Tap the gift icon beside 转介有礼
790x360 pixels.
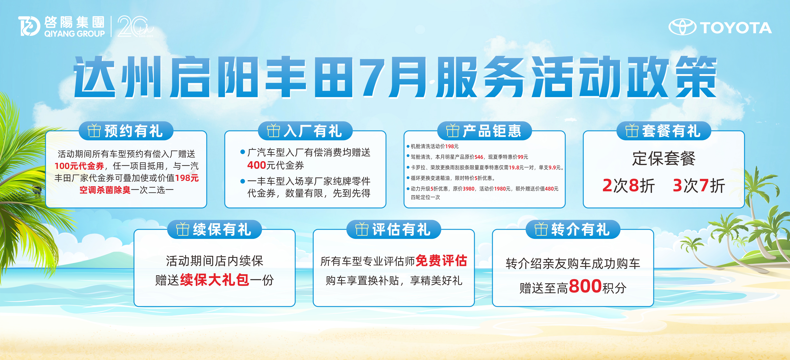(541, 229)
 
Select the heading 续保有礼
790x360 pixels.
(222, 229)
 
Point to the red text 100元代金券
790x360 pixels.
(79, 166)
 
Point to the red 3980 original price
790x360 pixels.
(469, 189)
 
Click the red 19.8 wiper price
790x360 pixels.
(514, 167)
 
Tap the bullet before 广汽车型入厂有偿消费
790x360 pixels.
(243, 152)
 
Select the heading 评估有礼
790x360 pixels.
(401, 229)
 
